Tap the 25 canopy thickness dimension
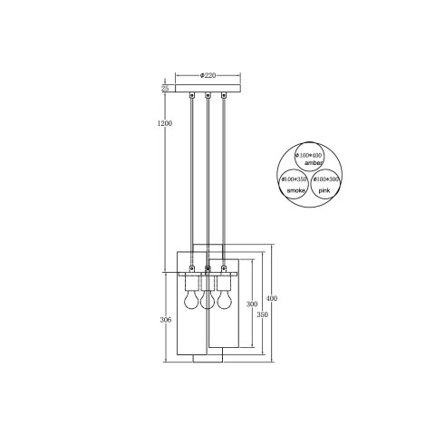coord(166,89)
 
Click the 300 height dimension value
coord(252,304)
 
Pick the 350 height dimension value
coord(263,314)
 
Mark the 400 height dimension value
coord(273,298)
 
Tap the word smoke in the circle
coord(297,191)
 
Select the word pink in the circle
coord(324,191)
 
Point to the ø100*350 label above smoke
coord(295,179)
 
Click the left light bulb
coord(191,297)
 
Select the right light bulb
coord(223,297)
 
